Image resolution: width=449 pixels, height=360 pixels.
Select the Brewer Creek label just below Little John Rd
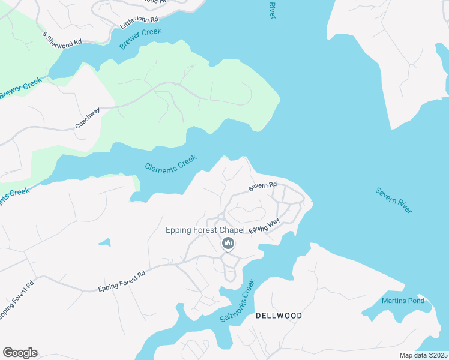coord(140,38)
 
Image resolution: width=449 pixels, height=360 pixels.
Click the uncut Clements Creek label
coord(171,164)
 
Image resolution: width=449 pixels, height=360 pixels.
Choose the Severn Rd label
coord(262,187)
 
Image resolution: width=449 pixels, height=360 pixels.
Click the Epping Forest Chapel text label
coord(205,230)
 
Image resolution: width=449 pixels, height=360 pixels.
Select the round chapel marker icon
coord(228,243)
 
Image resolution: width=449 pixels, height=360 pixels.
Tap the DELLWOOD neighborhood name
coord(279,316)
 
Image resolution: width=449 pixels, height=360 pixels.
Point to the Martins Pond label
coord(403,301)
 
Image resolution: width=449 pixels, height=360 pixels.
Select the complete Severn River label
coord(394,200)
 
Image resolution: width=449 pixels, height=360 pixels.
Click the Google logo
coord(20,353)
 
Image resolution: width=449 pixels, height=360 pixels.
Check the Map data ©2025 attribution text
coord(423,355)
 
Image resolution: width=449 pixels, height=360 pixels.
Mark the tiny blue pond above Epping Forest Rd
coord(105,242)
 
